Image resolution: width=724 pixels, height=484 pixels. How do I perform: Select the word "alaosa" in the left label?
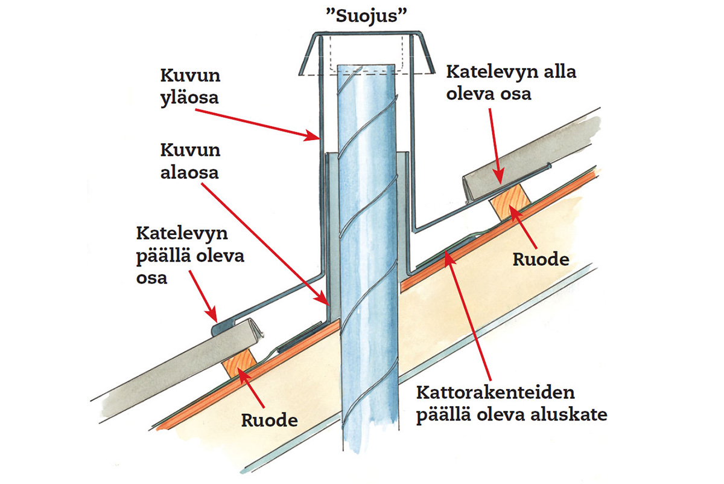[x=189, y=172]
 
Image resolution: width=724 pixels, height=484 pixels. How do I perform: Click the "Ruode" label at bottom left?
[x=270, y=420]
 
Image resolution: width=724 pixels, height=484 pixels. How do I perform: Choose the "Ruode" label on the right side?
[x=541, y=260]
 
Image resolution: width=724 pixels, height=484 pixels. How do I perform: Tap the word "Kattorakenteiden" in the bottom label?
[x=496, y=393]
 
